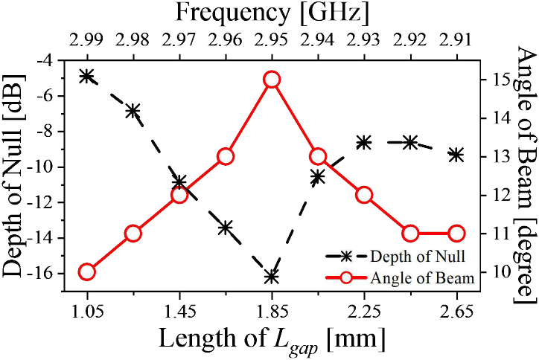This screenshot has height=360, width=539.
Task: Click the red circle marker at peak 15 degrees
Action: pyautogui.click(x=272, y=80)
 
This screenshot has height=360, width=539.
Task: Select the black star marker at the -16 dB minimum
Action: pyautogui.click(x=272, y=277)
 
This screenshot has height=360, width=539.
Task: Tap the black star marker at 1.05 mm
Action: pyautogui.click(x=87, y=76)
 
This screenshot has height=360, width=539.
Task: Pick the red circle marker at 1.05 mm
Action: pyautogui.click(x=87, y=271)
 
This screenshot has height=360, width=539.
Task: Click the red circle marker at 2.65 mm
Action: pyautogui.click(x=456, y=234)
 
